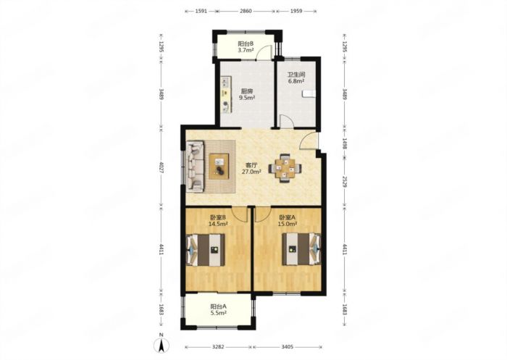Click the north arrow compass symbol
pos(162,343)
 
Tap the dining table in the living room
pos(285,168)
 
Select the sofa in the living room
pos(196,166)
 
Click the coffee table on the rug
pos(219,167)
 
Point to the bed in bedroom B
pos(206,250)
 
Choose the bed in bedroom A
pos(302,249)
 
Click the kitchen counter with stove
pos(226,95)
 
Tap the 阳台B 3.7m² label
pos(246,46)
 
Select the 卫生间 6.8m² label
pos(296,78)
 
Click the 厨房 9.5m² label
pos(248,93)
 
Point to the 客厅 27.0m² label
pos(251,169)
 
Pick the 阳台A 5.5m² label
pos(218,309)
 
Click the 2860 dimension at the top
pos(246,11)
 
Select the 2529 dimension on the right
pos(344,183)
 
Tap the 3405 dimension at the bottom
pos(287,347)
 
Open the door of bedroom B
pos(239,215)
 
